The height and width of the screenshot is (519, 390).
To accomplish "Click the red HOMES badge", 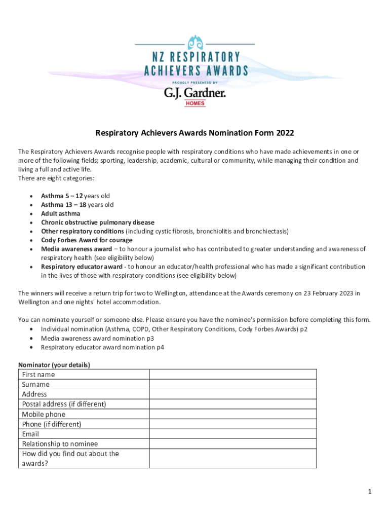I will pyautogui.click(x=194, y=103).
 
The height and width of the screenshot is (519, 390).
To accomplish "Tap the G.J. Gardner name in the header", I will pyautogui.click(x=194, y=93).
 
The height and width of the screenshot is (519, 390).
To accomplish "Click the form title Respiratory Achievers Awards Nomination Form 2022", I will pyautogui.click(x=195, y=133).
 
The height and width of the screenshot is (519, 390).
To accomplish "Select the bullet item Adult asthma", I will pyautogui.click(x=60, y=214).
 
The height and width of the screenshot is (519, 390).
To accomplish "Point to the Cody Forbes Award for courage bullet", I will pyautogui.click(x=87, y=240).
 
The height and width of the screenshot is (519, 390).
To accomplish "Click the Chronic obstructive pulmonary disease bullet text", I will pyautogui.click(x=98, y=223).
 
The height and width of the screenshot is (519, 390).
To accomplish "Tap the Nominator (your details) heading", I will pyautogui.click(x=54, y=365).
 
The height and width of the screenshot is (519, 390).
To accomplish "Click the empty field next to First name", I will pyautogui.click(x=232, y=375).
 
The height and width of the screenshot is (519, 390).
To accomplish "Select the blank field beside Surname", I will pyautogui.click(x=232, y=384).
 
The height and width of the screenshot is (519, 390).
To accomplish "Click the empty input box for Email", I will pyautogui.click(x=232, y=434).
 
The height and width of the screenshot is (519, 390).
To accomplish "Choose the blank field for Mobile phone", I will pyautogui.click(x=232, y=414).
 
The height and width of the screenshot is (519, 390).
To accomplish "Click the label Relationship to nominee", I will pyautogui.click(x=60, y=444).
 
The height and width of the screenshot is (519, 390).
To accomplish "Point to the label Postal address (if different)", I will pyautogui.click(x=64, y=404).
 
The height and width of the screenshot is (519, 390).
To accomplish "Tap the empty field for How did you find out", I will pyautogui.click(x=232, y=458).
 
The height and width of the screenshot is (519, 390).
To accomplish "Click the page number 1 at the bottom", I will pyautogui.click(x=370, y=492).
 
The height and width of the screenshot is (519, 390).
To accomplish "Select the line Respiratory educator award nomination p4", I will pyautogui.click(x=102, y=347).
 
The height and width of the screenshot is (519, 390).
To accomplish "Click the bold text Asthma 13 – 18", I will pyautogui.click(x=63, y=205).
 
